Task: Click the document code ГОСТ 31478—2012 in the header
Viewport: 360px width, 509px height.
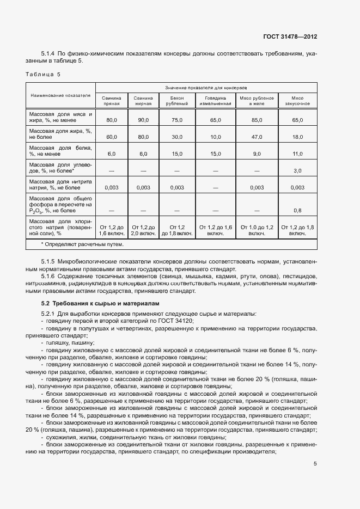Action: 291,36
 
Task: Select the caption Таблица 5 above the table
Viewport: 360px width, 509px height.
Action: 44,74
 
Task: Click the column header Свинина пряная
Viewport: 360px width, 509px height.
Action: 112,100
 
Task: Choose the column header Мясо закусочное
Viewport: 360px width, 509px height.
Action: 297,100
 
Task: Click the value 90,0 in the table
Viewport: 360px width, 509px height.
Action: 143,119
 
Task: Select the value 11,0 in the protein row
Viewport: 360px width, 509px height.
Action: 297,154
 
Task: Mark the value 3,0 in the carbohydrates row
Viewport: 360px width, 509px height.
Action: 297,171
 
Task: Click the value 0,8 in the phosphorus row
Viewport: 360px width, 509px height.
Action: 297,210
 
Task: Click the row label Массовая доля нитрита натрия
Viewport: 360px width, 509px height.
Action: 60,184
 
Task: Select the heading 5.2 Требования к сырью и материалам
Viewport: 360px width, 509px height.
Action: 93,303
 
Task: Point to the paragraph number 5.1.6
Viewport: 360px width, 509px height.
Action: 50,277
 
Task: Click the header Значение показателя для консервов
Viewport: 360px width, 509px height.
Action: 206,87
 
